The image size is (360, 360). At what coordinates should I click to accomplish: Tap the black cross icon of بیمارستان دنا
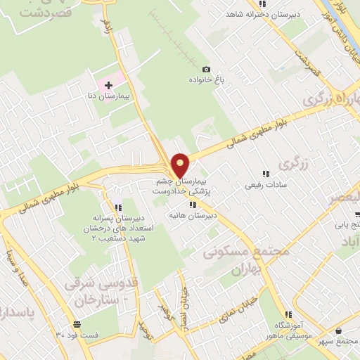[x=108, y=84]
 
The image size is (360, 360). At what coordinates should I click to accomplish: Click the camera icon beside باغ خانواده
[x=205, y=69]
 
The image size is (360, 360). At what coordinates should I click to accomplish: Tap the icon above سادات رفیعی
[x=266, y=174]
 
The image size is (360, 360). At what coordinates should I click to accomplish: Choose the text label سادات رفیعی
[x=263, y=186]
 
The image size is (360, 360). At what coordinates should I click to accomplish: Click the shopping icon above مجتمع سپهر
[x=339, y=330]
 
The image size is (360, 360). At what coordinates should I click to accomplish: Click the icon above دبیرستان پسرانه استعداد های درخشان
[x=118, y=207]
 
